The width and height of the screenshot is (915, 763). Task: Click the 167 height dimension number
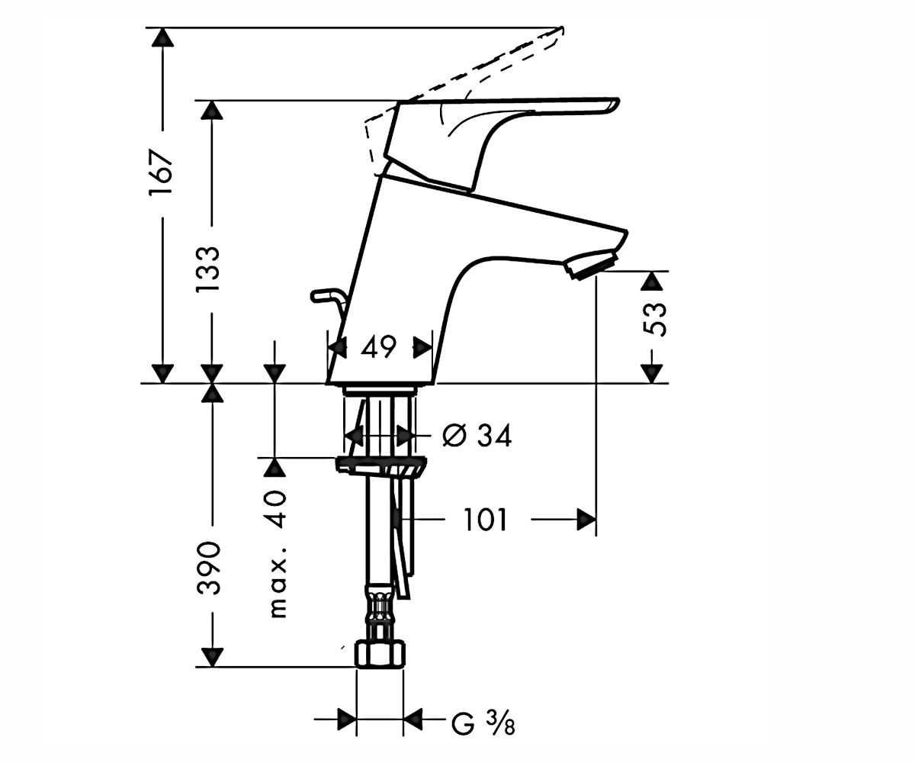tap(161, 172)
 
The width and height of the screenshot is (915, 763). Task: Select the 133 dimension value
tap(207, 269)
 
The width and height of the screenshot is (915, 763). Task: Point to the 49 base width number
tap(379, 347)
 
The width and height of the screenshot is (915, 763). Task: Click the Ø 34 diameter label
tap(477, 436)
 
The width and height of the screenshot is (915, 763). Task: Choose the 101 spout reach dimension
tap(485, 520)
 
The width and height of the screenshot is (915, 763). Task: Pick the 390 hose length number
tap(207, 568)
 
